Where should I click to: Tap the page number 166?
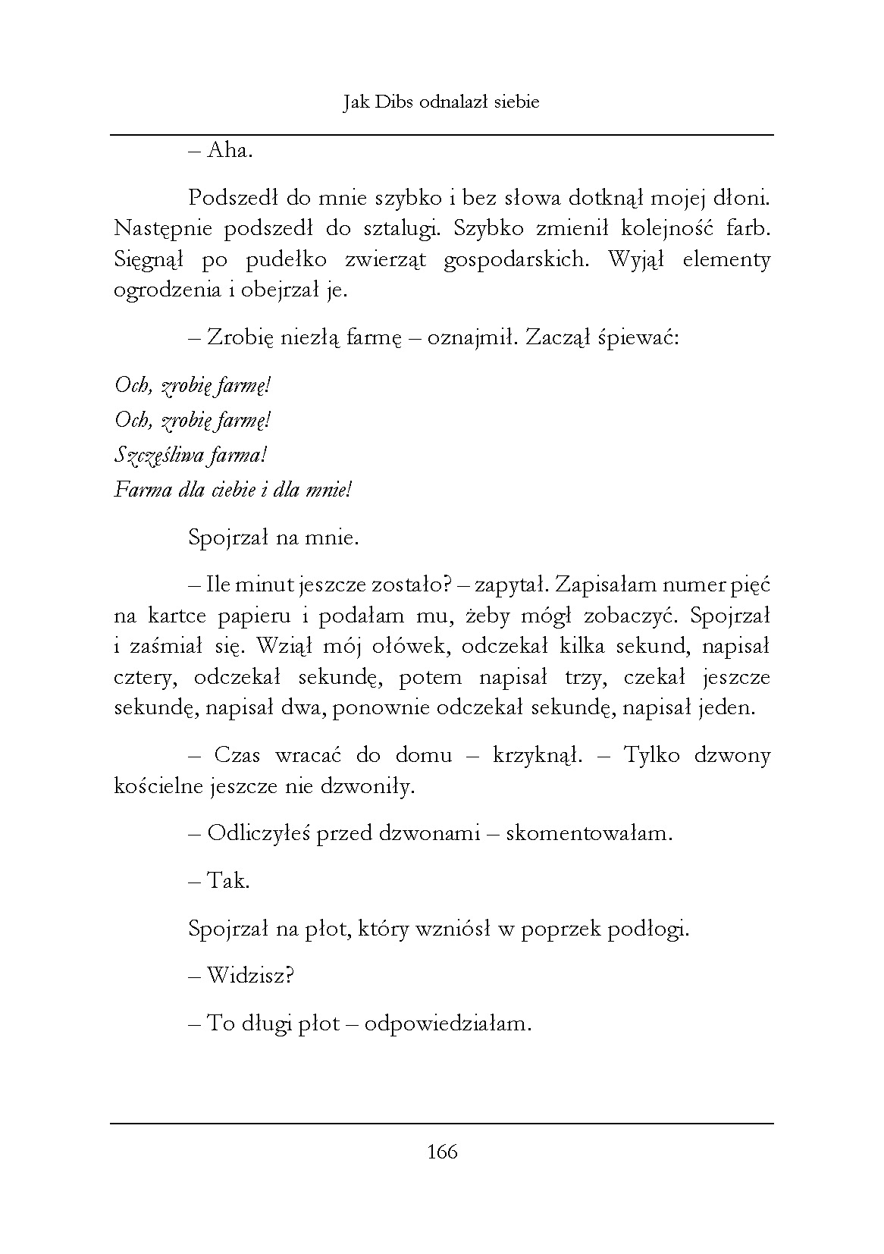tap(442, 1152)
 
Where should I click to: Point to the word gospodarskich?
tap(516, 260)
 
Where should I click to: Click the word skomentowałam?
tap(588, 834)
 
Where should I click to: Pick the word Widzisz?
tap(249, 976)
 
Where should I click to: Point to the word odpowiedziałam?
tap(447, 1024)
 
